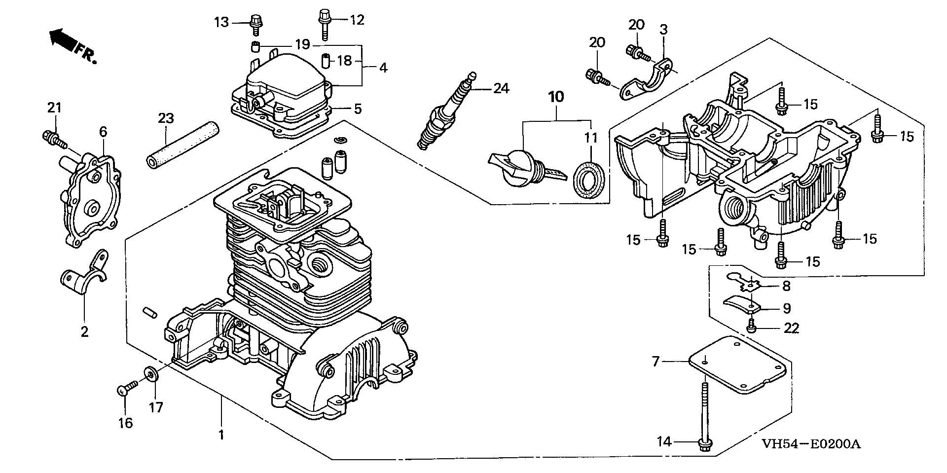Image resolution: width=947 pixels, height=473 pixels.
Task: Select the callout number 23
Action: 166,118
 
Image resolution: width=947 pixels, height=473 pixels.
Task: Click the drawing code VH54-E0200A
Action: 811,444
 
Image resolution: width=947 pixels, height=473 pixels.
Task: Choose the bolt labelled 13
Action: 255,23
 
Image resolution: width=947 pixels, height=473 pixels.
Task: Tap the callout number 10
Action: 556,97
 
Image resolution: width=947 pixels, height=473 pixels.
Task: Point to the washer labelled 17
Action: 150,373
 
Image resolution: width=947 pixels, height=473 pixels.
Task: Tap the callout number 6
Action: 103,132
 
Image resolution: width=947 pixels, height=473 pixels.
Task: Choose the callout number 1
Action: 221,435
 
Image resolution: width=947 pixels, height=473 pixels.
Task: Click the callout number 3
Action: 663,29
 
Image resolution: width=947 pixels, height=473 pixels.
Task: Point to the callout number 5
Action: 358,109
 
